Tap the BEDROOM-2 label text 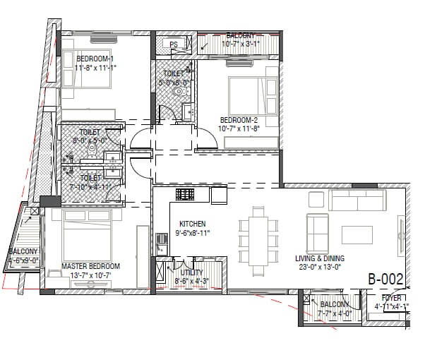[239, 119]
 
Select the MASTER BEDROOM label [90, 266]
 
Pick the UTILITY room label [191, 272]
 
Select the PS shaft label [173, 44]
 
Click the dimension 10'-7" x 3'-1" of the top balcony [241, 44]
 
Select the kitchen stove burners [185, 194]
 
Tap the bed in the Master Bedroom [88, 229]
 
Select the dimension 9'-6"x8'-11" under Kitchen [192, 232]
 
